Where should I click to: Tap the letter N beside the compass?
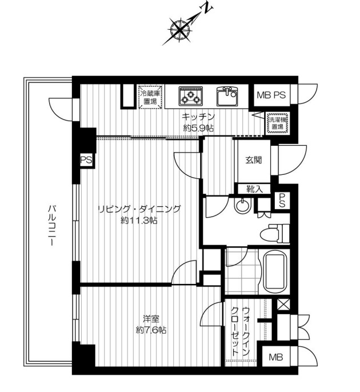coord(208,9)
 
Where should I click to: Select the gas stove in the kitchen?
coord(190,96)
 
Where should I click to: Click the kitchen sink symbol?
coord(227,96)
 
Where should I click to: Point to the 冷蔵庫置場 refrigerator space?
coord(150,97)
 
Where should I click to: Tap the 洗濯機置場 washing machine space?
coord(277,123)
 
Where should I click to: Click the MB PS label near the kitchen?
coord(271,95)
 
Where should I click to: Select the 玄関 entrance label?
coord(254,160)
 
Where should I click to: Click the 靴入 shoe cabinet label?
coord(254,189)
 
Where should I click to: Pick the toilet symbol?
coord(275,233)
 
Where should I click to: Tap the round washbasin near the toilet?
coord(242,206)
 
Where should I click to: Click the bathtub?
coord(274,272)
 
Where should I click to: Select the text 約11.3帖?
coord(139,221)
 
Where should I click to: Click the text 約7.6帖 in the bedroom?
coord(151,330)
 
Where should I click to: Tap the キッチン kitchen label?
coord(198,117)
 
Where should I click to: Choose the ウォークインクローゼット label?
coord(240,331)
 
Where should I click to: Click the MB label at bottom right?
coord(276,357)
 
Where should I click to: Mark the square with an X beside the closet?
coord(283,305)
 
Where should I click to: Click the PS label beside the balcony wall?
coord(86,160)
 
